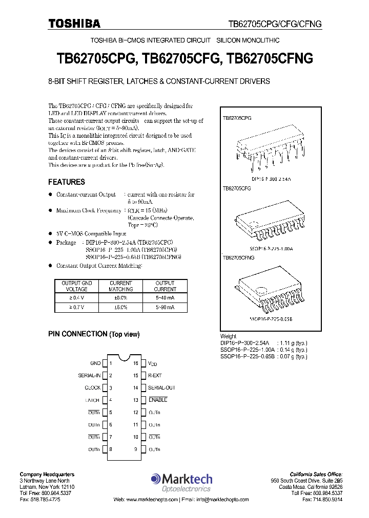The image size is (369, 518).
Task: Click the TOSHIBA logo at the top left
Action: pyautogui.click(x=74, y=24)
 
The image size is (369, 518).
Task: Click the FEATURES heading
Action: pyautogui.click(x=67, y=182)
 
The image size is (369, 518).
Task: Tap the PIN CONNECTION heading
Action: pyautogui.click(x=94, y=334)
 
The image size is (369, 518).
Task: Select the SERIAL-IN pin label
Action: pyautogui.click(x=89, y=375)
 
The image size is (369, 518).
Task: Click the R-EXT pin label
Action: pyautogui.click(x=155, y=375)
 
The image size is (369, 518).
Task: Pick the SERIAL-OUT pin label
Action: pyautogui.click(x=161, y=387)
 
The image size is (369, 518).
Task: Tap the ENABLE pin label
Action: pyautogui.click(x=158, y=400)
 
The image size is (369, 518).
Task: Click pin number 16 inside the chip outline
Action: pyautogui.click(x=136, y=363)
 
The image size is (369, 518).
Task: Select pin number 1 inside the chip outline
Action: pyautogui.click(x=111, y=363)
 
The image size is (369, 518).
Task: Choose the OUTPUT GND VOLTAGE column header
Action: pyautogui.click(x=77, y=286)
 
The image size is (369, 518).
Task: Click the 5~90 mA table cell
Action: pyautogui.click(x=165, y=307)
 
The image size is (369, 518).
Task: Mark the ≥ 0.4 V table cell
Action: pyautogui.click(x=77, y=297)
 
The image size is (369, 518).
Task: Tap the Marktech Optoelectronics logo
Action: pyautogui.click(x=181, y=482)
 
